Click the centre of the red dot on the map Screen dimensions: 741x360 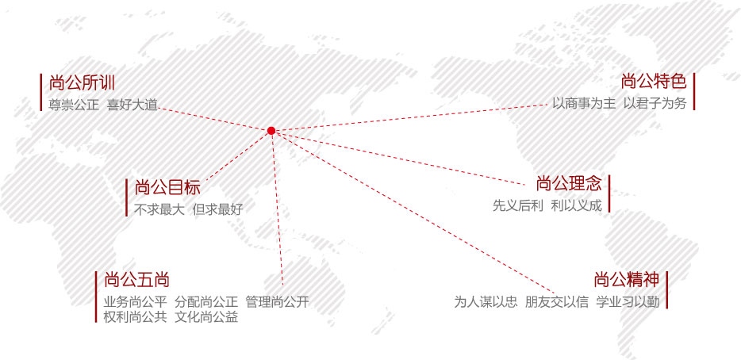pyautogui.click(x=271, y=130)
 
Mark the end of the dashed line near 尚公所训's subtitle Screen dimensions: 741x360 pyautogui.click(x=159, y=108)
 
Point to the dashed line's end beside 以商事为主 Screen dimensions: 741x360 pyautogui.click(x=547, y=105)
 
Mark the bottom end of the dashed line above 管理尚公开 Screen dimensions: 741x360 pyautogui.click(x=282, y=285)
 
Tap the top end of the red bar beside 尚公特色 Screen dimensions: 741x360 pyautogui.click(x=693, y=74)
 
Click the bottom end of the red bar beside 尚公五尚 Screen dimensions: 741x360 pyautogui.click(x=96, y=323)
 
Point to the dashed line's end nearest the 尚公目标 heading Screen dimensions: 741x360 pyautogui.click(x=206, y=181)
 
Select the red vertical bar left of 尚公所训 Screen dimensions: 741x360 pyautogui.click(x=41, y=92)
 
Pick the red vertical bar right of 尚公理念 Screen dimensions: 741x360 pyautogui.click(x=609, y=193)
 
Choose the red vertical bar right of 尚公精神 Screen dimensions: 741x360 pyautogui.click(x=666, y=290)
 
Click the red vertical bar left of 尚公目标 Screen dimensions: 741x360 pyautogui.click(x=127, y=197)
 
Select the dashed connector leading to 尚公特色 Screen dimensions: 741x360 pyautogui.click(x=409, y=117)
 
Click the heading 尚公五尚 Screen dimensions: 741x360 pyautogui.click(x=136, y=280)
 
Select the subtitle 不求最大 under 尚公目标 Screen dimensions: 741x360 pyautogui.click(x=159, y=209)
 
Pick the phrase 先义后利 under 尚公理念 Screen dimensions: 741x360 pyautogui.click(x=518, y=205)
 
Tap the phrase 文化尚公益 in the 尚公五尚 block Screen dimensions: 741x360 pyautogui.click(x=206, y=316)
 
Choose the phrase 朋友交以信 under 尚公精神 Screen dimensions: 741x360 pyautogui.click(x=557, y=302)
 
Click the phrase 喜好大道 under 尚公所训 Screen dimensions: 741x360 pyautogui.click(x=132, y=105)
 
